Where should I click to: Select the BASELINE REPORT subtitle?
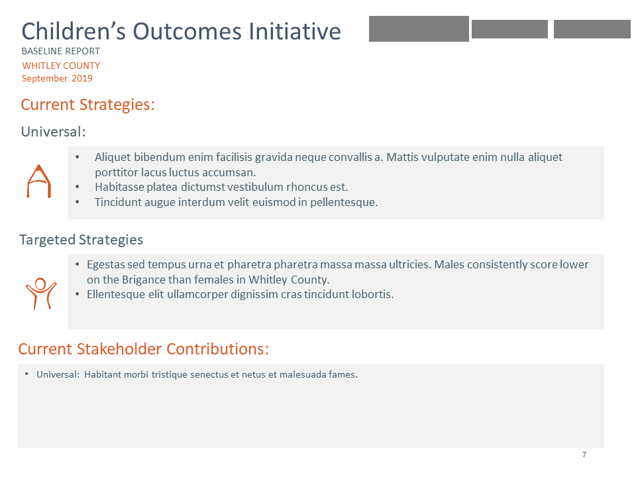click(x=61, y=52)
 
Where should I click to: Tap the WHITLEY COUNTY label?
click(x=61, y=66)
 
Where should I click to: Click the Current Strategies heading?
click(x=87, y=105)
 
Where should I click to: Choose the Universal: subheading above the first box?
click(x=53, y=132)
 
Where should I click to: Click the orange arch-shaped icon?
click(x=38, y=182)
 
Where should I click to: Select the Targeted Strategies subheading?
click(x=81, y=239)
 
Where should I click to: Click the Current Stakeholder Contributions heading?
click(x=143, y=349)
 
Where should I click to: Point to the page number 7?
click(x=584, y=454)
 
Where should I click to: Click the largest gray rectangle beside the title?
click(x=419, y=28)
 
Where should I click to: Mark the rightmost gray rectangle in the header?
click(x=592, y=29)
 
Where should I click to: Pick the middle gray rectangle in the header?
click(x=509, y=29)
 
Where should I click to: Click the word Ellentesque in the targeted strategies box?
click(x=115, y=294)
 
